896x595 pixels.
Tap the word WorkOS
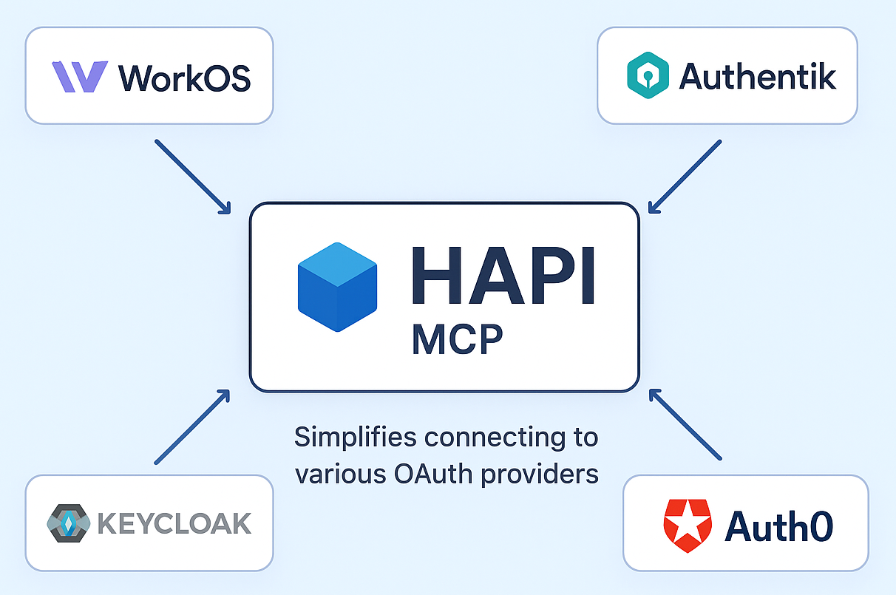tap(184, 77)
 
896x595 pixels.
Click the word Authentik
tap(757, 75)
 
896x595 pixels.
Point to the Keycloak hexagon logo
tap(68, 523)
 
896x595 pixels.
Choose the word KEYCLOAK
tap(174, 523)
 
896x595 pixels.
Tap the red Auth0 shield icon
tap(688, 524)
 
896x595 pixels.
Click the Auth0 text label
tap(779, 526)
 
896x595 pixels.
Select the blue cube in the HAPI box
tap(337, 287)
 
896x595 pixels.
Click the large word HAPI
tap(503, 276)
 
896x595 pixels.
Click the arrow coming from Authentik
tap(685, 176)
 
